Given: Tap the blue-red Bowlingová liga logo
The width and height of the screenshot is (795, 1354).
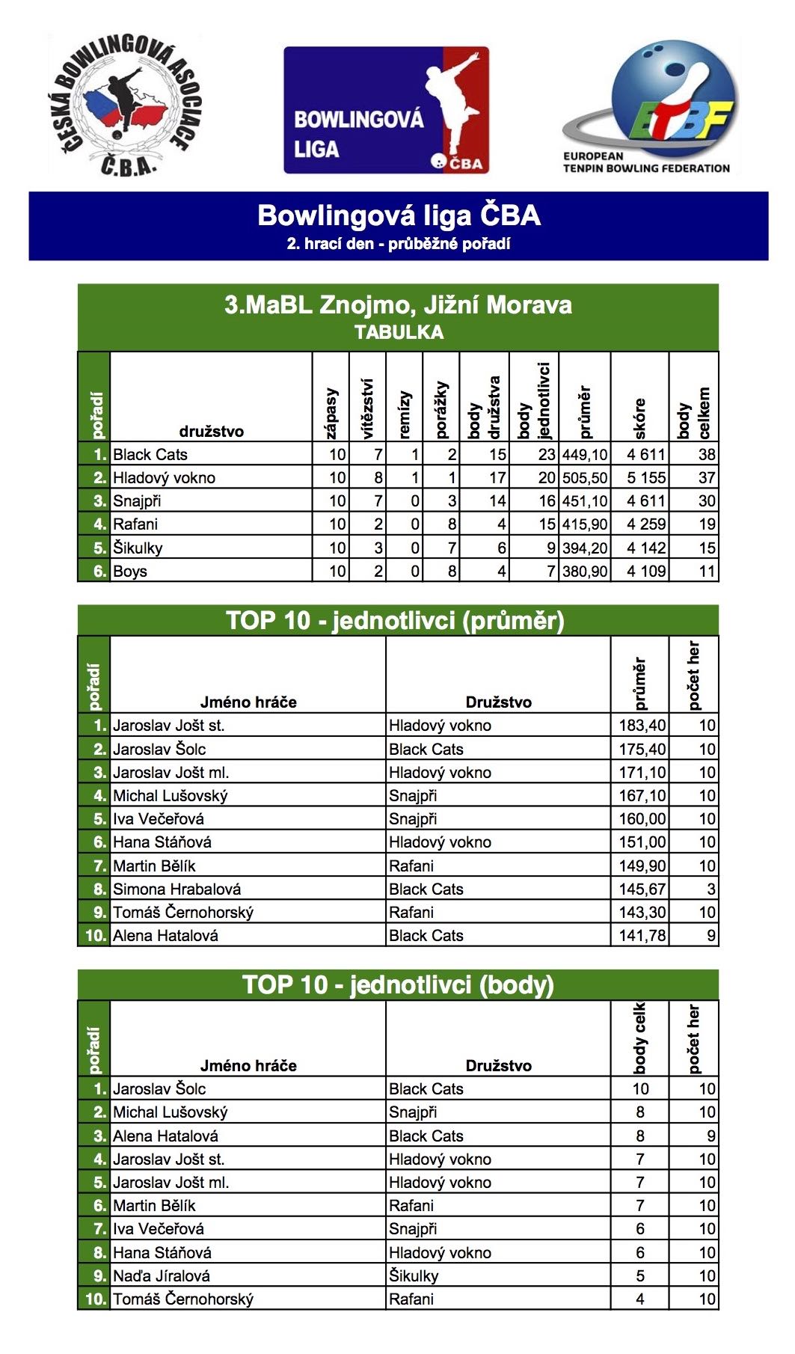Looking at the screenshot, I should [x=386, y=111].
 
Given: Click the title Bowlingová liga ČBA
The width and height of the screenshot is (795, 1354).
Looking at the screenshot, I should [x=399, y=215].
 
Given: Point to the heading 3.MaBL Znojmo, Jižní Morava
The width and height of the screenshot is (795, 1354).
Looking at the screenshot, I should [x=398, y=305].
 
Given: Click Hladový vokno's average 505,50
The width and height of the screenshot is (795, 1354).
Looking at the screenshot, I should [x=585, y=478].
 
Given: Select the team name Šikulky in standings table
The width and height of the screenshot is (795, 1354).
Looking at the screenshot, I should [x=138, y=548].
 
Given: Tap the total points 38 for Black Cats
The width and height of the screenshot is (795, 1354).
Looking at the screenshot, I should [x=706, y=454].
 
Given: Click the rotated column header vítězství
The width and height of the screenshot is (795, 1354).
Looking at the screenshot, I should [x=367, y=408].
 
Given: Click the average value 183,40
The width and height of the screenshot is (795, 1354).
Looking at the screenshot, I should [x=642, y=726].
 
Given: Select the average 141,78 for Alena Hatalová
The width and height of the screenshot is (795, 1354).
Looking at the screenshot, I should [x=642, y=936].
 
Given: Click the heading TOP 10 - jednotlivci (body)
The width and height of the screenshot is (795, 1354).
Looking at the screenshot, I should [x=398, y=985].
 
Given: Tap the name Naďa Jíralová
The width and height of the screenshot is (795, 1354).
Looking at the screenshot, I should [x=162, y=1276].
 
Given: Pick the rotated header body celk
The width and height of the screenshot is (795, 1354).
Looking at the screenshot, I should [x=639, y=1038].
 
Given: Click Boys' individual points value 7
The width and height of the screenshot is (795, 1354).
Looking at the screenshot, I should [x=550, y=572].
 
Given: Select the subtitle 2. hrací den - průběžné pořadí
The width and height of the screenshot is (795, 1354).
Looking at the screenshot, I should [x=399, y=244].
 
